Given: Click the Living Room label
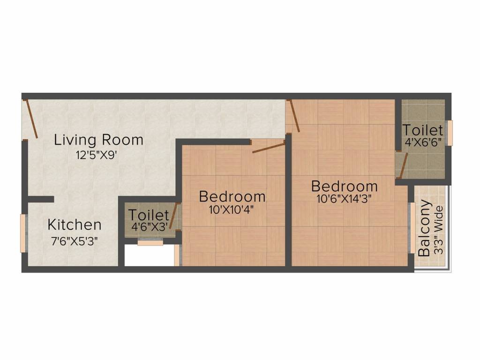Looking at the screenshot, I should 98,140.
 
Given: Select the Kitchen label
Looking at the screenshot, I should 74,225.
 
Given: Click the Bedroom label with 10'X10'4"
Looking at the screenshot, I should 232,196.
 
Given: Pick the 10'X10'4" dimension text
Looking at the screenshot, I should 232,210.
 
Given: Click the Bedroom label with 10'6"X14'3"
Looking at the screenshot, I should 345,186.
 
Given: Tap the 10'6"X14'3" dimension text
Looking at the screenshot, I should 344,199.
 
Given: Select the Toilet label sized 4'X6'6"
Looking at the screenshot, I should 423,130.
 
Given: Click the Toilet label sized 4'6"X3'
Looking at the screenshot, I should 149,215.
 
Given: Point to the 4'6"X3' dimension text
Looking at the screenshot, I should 150,227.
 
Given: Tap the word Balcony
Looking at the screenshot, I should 425,228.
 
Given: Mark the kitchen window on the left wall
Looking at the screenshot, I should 22,233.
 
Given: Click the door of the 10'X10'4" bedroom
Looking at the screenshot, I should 268,147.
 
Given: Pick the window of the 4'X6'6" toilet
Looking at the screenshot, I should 450,133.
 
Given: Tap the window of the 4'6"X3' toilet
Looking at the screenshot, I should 150,242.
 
